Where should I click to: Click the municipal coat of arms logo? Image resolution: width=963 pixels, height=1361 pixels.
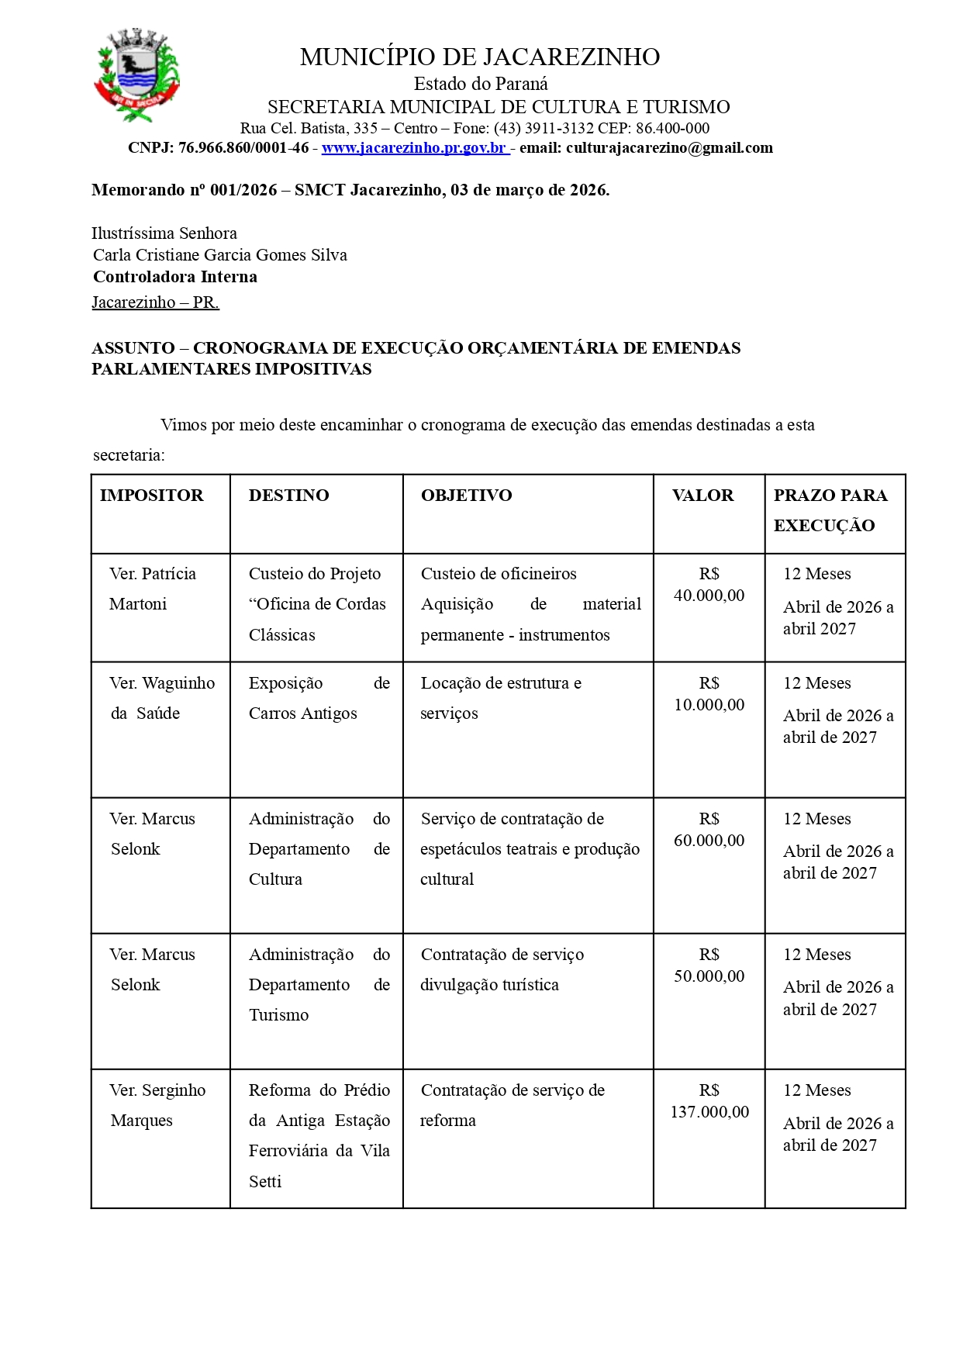coord(137,75)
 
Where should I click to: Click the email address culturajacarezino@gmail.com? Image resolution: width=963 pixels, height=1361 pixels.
coord(669,147)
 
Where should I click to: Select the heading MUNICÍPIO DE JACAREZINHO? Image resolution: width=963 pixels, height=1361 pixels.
coord(480,57)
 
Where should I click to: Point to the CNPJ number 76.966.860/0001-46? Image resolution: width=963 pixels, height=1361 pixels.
coord(243,147)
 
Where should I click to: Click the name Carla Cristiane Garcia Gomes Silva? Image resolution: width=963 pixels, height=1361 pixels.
coord(220,255)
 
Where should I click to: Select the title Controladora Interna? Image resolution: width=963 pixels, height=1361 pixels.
coord(175,277)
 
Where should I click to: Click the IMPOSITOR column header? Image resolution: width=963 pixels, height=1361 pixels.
coord(152,496)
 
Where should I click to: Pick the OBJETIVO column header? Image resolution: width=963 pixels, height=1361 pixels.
coord(467,496)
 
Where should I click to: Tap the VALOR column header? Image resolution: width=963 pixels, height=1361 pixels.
coord(702,496)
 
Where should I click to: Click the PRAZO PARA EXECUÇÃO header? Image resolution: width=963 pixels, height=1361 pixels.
coord(830,510)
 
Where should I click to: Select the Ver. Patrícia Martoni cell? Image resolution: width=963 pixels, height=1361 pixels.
coord(153,589)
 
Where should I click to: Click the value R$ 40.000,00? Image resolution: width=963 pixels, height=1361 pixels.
coord(709,585)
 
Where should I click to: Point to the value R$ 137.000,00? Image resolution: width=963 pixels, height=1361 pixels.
coord(709,1101)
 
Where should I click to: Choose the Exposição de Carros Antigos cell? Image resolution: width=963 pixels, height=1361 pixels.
coord(319,698)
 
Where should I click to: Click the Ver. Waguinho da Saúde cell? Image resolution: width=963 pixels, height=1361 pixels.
coord(161,698)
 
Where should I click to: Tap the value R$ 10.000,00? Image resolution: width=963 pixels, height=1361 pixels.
coord(709,694)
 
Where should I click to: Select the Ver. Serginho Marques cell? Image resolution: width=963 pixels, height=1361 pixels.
coord(157,1105)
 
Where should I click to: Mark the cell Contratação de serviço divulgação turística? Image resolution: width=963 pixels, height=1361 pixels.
coord(502,969)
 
